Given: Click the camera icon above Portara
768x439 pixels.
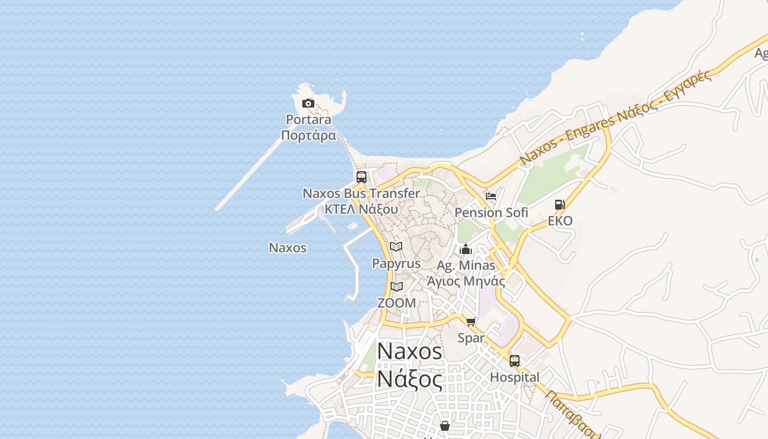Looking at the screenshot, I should [x=308, y=103].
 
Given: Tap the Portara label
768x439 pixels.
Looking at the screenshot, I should [x=308, y=120].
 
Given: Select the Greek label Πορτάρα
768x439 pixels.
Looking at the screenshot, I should [x=308, y=135].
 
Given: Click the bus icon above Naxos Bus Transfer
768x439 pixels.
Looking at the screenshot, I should [x=361, y=177].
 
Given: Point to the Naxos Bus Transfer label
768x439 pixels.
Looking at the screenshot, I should [x=362, y=193].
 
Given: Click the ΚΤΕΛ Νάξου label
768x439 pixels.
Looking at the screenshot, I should [x=361, y=209].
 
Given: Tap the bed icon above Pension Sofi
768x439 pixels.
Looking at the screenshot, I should [x=491, y=196].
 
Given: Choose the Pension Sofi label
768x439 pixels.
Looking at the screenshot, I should [x=492, y=212].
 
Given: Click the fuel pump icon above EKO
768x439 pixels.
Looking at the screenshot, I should [x=560, y=205].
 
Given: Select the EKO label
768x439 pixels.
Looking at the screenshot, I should [x=560, y=221].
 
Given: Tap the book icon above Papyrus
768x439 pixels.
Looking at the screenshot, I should [x=396, y=247].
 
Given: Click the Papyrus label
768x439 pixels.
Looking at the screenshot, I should [x=396, y=263].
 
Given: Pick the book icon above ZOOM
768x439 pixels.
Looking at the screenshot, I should [x=396, y=286].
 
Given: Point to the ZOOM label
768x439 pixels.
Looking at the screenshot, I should [x=396, y=303].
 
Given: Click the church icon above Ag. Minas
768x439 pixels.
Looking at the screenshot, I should [x=466, y=250].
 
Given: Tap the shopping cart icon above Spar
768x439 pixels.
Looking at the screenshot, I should [x=471, y=322].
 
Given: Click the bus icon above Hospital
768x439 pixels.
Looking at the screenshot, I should [x=515, y=361].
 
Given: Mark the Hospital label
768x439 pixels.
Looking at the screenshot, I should [x=515, y=378].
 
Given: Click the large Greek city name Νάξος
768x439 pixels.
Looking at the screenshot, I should [x=410, y=379].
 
